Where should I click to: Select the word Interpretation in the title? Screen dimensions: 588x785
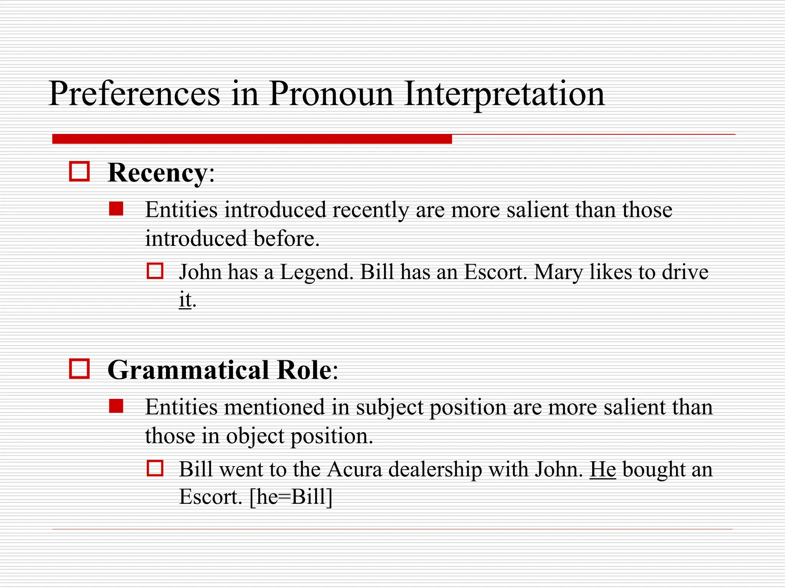(504, 94)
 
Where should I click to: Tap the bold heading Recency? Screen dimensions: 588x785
(157, 173)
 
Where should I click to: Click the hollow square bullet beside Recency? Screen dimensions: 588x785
(79, 171)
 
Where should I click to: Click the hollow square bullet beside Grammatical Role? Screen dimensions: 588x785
(79, 369)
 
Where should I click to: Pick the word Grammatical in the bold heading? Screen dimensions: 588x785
(188, 371)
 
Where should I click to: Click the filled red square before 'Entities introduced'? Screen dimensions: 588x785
(116, 209)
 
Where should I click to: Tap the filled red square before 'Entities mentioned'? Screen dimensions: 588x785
(116, 406)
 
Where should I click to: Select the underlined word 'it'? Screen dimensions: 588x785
(185, 299)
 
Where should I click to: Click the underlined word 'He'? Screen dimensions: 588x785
(602, 469)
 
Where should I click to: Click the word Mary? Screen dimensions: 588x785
(558, 273)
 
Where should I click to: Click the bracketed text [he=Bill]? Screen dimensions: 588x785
(291, 497)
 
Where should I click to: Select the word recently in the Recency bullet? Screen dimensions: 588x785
(370, 210)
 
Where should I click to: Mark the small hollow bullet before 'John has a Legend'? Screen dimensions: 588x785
(155, 271)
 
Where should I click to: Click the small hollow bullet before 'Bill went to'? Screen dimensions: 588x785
(155, 468)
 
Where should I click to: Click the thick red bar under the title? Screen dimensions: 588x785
(252, 139)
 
